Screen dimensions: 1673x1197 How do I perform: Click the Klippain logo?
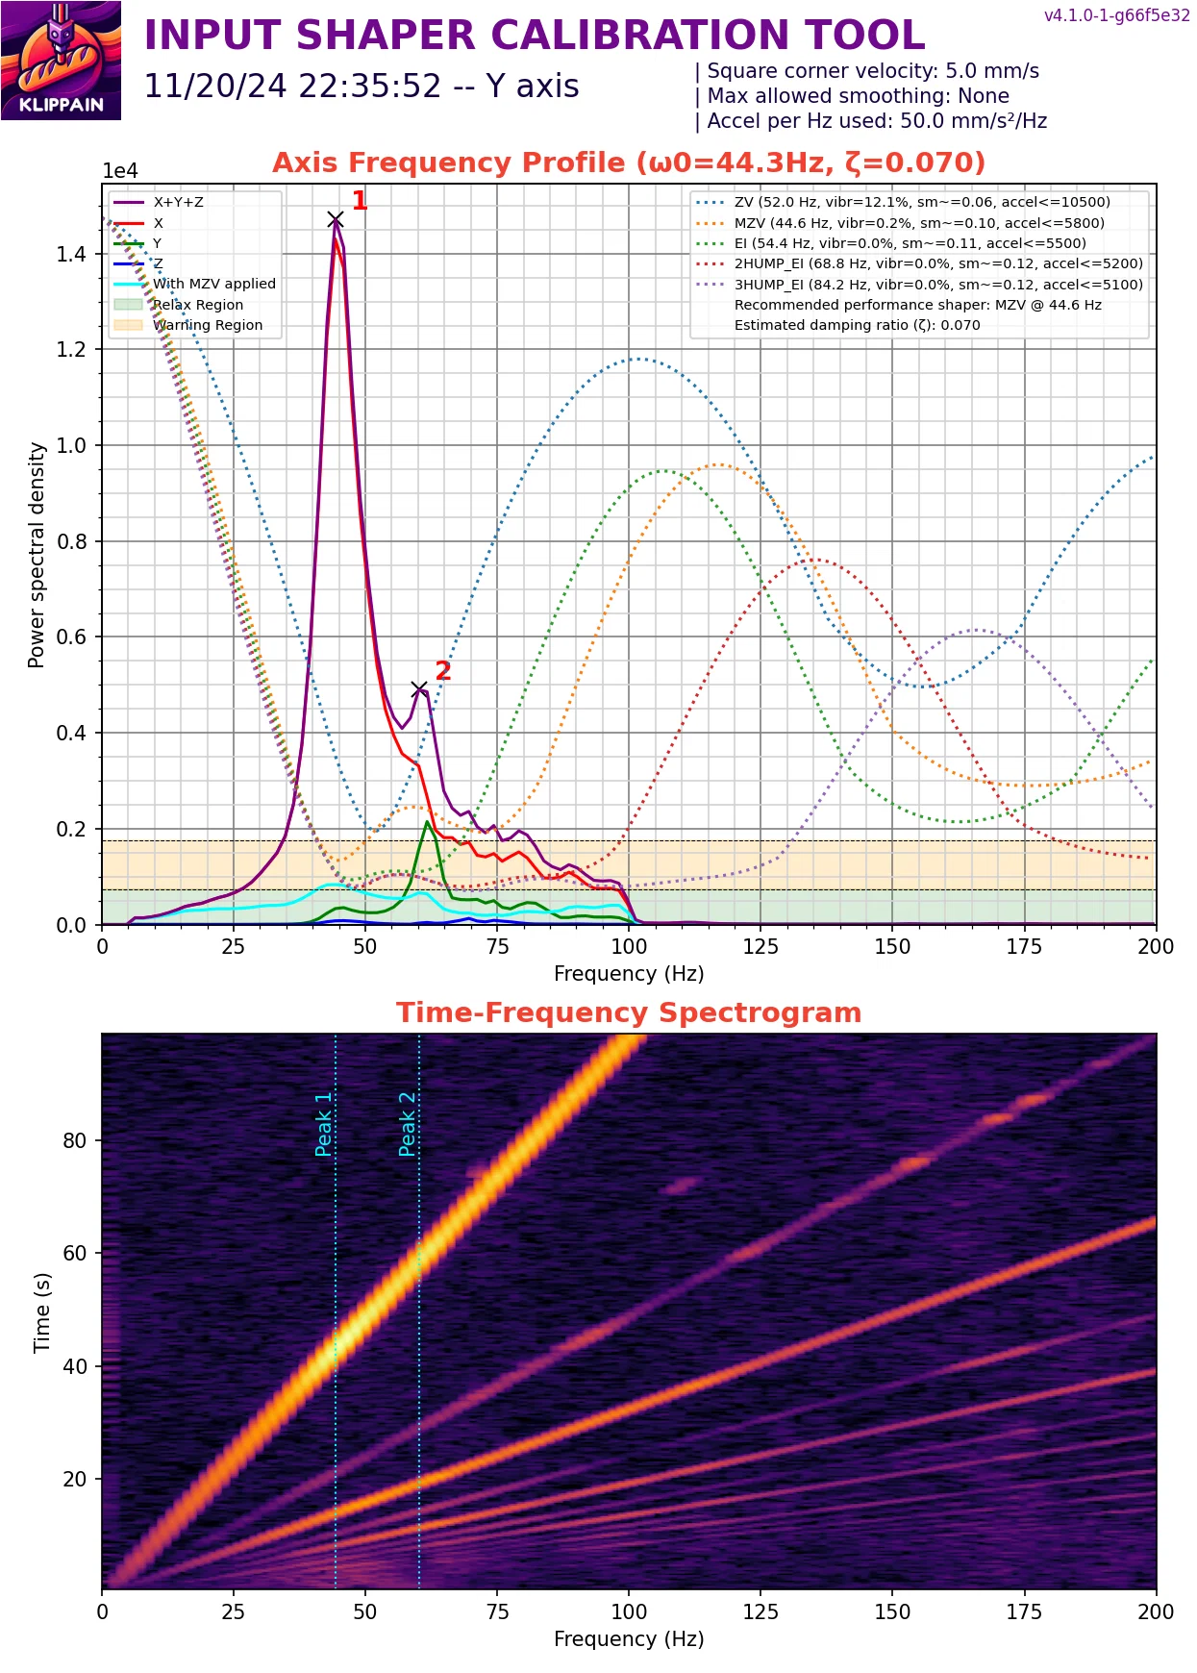pos(61,61)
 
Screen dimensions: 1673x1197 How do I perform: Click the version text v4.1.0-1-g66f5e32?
pos(1116,15)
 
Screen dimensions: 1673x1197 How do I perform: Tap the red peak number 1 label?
pos(360,201)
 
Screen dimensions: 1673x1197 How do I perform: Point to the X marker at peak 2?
pos(419,689)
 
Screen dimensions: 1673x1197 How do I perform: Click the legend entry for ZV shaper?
pos(921,202)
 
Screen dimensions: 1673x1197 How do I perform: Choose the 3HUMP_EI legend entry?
pos(937,285)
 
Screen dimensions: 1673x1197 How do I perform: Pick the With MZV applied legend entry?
pos(213,284)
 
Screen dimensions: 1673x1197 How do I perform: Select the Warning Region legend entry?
pos(207,325)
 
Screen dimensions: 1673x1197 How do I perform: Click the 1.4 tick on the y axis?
pos(71,254)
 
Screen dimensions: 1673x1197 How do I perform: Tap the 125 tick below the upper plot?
pos(761,946)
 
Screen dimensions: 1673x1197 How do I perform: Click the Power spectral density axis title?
pos(37,555)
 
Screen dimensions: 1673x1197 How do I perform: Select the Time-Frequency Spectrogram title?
pos(629,1012)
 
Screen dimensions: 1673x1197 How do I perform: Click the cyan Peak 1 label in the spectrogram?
pos(324,1124)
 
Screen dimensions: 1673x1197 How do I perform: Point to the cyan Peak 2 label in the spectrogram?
pos(408,1124)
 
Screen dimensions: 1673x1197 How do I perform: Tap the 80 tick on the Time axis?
pos(75,1140)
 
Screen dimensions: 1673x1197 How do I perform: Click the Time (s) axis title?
pos(42,1312)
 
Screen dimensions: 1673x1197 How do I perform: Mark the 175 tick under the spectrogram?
pos(1024,1611)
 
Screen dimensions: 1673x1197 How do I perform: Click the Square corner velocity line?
pos(872,71)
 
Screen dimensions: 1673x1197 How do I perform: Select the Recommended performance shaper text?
pos(917,305)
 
